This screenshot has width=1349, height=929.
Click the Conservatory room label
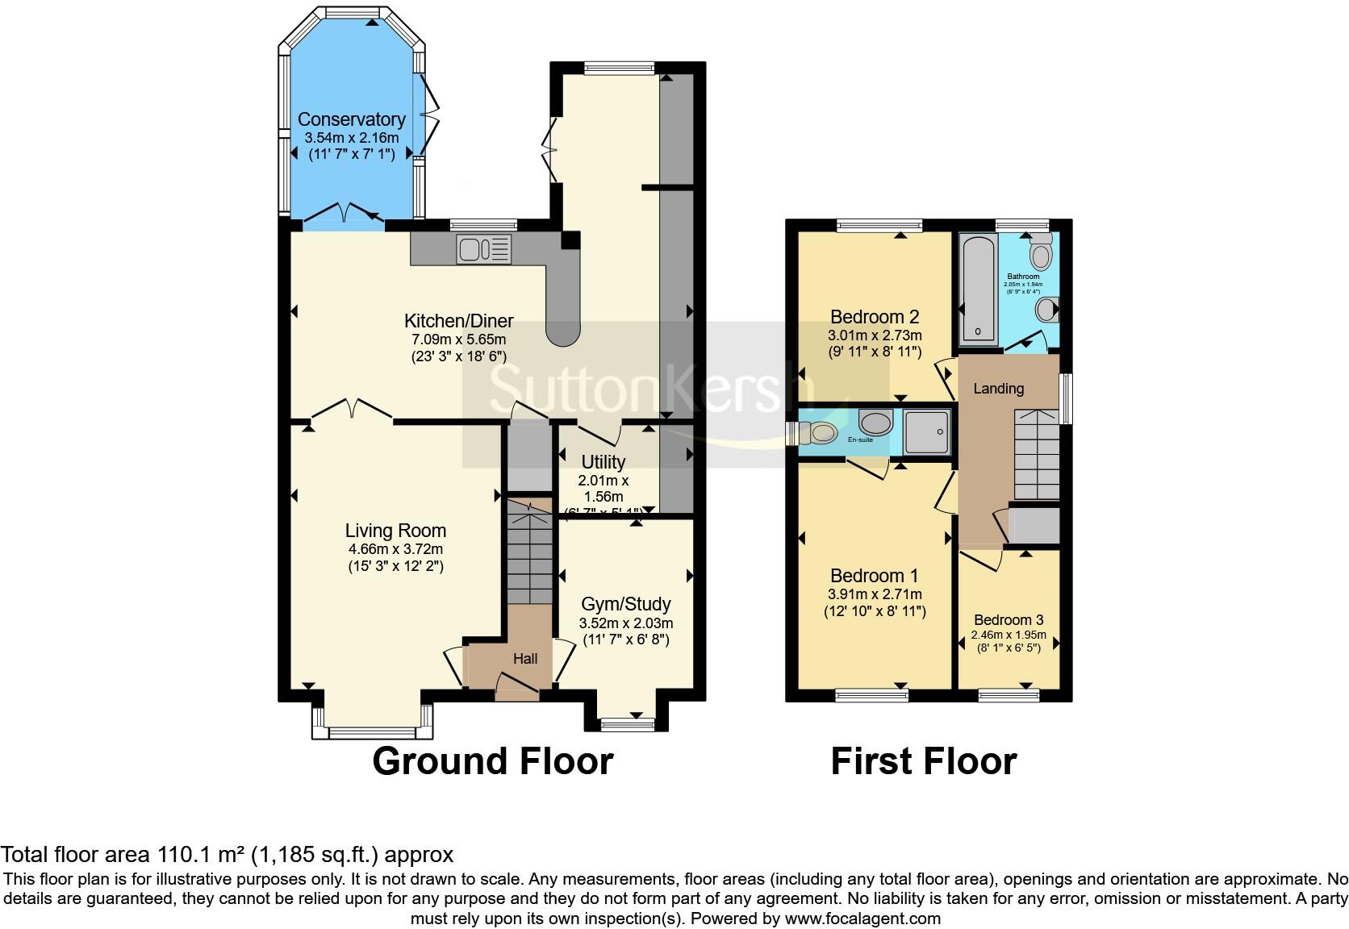pos(351,120)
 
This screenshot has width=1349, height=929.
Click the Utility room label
pos(603,462)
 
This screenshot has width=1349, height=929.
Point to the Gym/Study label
pos(625,604)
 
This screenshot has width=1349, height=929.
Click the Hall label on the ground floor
pos(525,659)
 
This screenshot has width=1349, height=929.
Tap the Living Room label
pos(395,531)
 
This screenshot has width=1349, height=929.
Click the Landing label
pos(998,389)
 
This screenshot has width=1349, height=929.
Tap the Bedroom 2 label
pos(875,316)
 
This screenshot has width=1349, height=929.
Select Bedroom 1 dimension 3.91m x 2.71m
pos(875,594)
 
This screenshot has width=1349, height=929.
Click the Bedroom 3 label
pos(1009,620)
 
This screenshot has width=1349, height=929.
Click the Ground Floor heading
pos(492,760)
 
